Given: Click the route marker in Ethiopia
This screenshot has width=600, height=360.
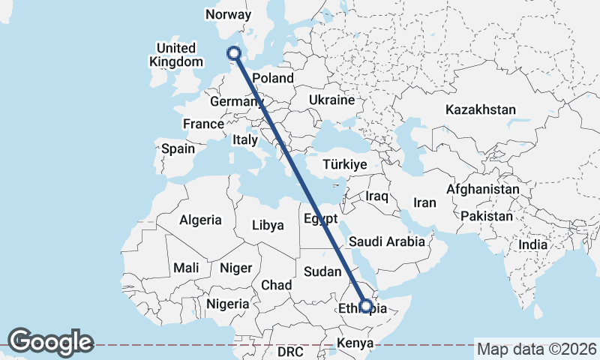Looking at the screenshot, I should (x=365, y=306).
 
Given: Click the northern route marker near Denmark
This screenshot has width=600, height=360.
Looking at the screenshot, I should (x=234, y=52).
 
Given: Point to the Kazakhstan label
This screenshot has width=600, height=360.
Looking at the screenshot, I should (x=480, y=109).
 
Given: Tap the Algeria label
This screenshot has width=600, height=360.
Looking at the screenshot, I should (x=200, y=220).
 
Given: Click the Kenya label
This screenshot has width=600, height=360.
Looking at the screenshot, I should (x=355, y=343).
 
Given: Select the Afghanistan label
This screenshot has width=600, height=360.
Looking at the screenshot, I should (x=482, y=190).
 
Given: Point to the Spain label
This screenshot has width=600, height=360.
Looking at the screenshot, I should (x=178, y=148).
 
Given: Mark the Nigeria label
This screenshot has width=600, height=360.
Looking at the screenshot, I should (x=228, y=304).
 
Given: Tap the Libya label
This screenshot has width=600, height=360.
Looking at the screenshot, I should (x=268, y=225).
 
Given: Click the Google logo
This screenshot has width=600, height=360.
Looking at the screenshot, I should (x=50, y=342).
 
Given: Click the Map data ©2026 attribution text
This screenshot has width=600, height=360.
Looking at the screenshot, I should (x=536, y=349).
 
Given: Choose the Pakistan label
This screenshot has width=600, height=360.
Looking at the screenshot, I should (x=487, y=216).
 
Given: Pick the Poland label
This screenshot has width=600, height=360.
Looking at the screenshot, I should (x=273, y=78).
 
